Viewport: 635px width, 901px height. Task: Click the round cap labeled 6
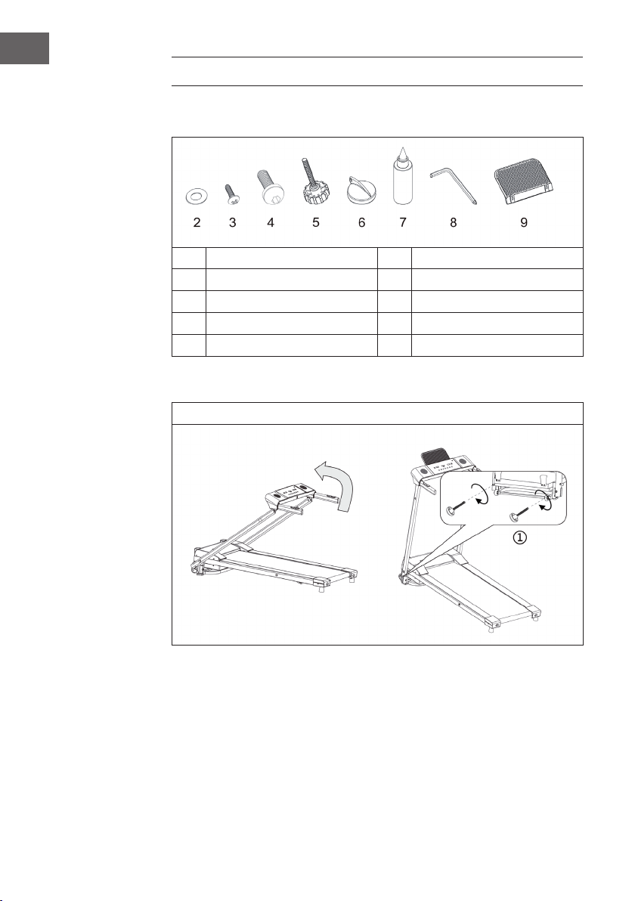(361, 190)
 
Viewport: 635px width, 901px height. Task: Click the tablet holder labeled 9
(524, 186)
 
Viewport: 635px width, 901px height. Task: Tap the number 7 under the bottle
(403, 222)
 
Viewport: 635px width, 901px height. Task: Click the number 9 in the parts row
(524, 222)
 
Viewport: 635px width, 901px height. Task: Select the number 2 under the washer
(197, 222)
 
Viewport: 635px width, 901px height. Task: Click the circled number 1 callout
(519, 537)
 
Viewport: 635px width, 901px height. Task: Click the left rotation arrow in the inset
(482, 494)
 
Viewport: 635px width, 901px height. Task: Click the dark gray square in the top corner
(24, 48)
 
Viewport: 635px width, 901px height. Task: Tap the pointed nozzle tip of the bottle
(403, 147)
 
